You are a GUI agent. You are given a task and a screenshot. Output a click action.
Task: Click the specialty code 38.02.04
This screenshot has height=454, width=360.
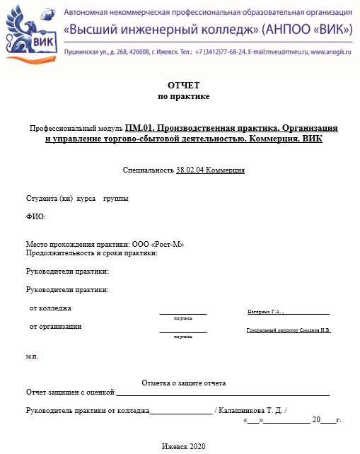[190, 170]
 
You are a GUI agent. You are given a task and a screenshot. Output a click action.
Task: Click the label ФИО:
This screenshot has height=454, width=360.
[35, 217]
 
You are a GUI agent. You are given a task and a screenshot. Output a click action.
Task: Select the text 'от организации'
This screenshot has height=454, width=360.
[55, 327]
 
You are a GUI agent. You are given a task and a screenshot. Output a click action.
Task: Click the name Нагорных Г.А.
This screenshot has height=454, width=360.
[264, 311]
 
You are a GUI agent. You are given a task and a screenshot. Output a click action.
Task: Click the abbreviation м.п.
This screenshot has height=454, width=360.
[32, 356]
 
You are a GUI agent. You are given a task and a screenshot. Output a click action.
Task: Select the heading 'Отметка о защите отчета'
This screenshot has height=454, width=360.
[184, 383]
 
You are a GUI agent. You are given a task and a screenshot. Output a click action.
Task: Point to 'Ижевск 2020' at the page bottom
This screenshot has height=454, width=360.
[183, 446]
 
